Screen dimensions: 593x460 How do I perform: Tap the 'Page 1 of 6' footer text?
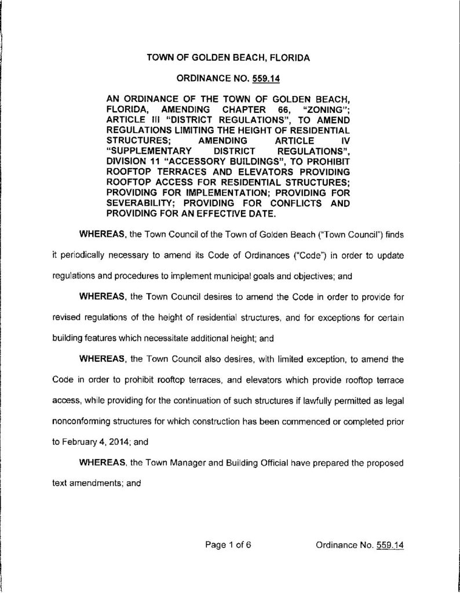pos(228,545)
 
